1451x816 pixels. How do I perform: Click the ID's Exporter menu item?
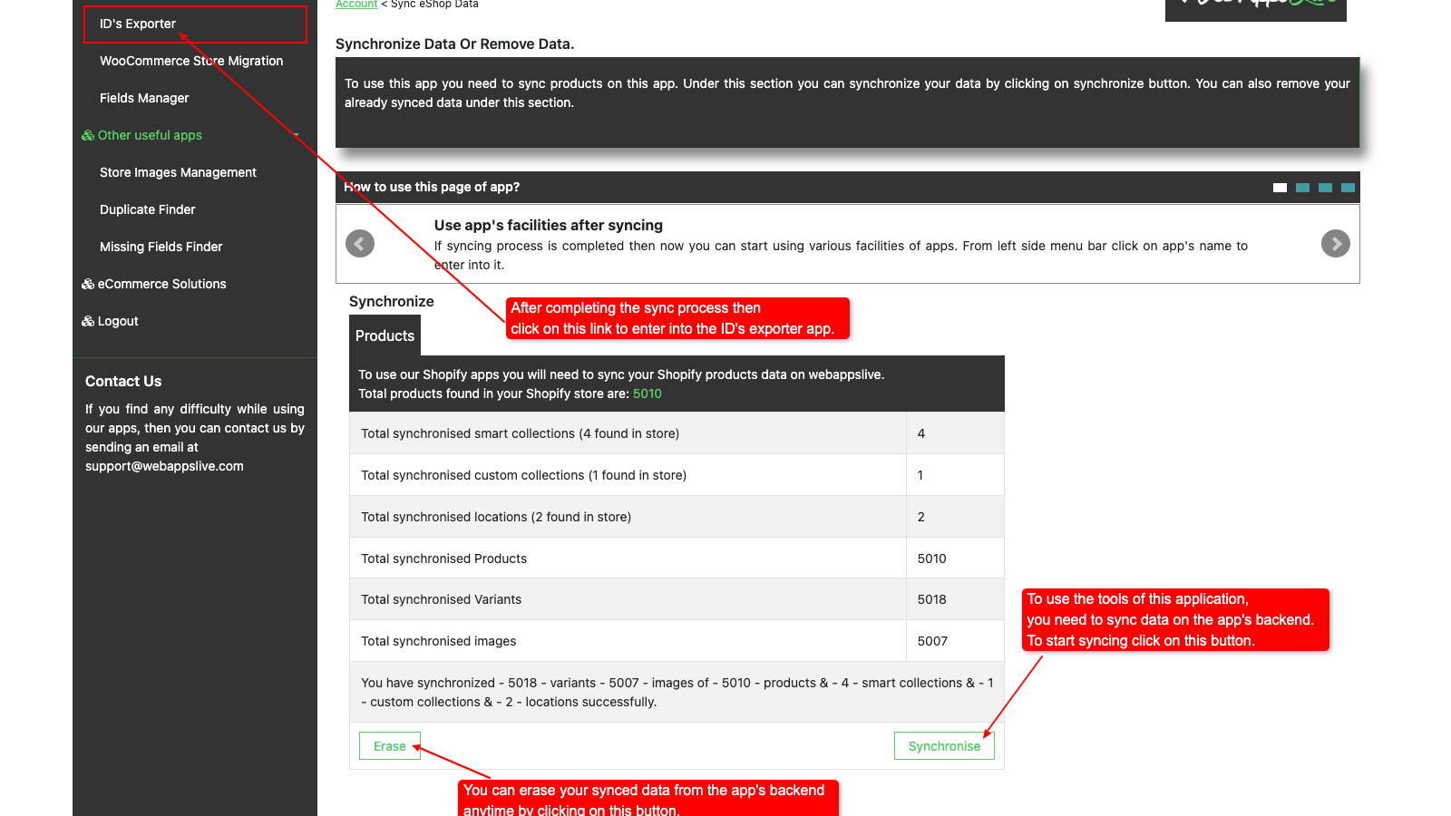pyautogui.click(x=138, y=24)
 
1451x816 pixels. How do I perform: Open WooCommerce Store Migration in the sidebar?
pyautogui.click(x=191, y=61)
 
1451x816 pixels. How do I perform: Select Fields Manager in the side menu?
pyautogui.click(x=144, y=98)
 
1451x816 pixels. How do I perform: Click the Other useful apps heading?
pyautogui.click(x=150, y=135)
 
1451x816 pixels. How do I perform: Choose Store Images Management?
pyautogui.click(x=178, y=172)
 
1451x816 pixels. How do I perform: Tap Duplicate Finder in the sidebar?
pyautogui.click(x=147, y=209)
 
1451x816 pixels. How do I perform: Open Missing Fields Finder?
pyautogui.click(x=161, y=247)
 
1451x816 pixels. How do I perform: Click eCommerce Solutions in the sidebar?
pyautogui.click(x=161, y=284)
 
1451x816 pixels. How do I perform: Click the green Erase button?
pyautogui.click(x=390, y=746)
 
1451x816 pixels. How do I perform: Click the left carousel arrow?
pyautogui.click(x=360, y=243)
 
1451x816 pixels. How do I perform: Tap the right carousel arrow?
pyautogui.click(x=1335, y=243)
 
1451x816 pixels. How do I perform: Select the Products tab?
pyautogui.click(x=385, y=335)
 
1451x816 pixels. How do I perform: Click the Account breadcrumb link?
pyautogui.click(x=356, y=5)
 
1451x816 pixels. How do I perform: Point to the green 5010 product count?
pyautogui.click(x=648, y=393)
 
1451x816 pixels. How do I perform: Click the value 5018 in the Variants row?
pyautogui.click(x=931, y=599)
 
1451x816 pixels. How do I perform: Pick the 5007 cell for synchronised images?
pyautogui.click(x=932, y=641)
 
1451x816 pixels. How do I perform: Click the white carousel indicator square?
pyautogui.click(x=1280, y=188)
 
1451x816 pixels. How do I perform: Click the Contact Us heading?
pyautogui.click(x=123, y=382)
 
